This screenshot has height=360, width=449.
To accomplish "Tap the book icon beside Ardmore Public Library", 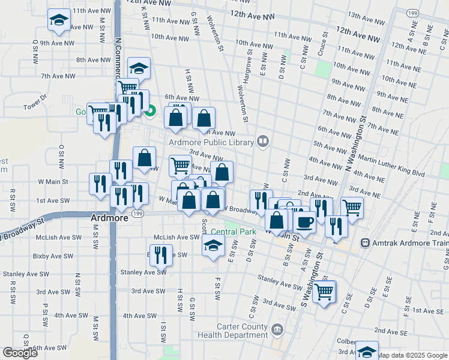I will [262, 142].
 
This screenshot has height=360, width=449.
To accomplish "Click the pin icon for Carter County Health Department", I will [277, 329].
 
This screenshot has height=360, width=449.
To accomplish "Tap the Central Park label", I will [234, 232].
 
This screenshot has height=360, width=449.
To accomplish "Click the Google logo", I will [20, 353].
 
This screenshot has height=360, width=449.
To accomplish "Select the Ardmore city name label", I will [109, 218].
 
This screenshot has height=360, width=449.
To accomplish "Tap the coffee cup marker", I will [304, 223].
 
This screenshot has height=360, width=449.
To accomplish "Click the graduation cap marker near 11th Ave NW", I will [58, 21].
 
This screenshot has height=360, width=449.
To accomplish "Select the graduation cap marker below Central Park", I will [213, 245].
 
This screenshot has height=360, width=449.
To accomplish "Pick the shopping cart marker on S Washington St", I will [324, 292].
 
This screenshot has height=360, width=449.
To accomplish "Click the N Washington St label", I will [356, 140].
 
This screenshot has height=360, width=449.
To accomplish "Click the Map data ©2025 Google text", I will [412, 355].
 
